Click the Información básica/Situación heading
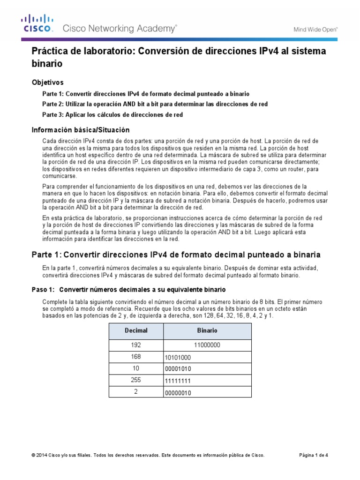[80, 129]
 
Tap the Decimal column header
[136, 330]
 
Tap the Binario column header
[207, 330]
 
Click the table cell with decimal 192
[136, 345]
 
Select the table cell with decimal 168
[136, 357]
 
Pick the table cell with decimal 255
[136, 380]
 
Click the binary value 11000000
[207, 345]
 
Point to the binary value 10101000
[178, 358]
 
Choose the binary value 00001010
[178, 369]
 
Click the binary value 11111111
[177, 381]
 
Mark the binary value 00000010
[178, 393]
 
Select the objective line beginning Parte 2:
[155, 104]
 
